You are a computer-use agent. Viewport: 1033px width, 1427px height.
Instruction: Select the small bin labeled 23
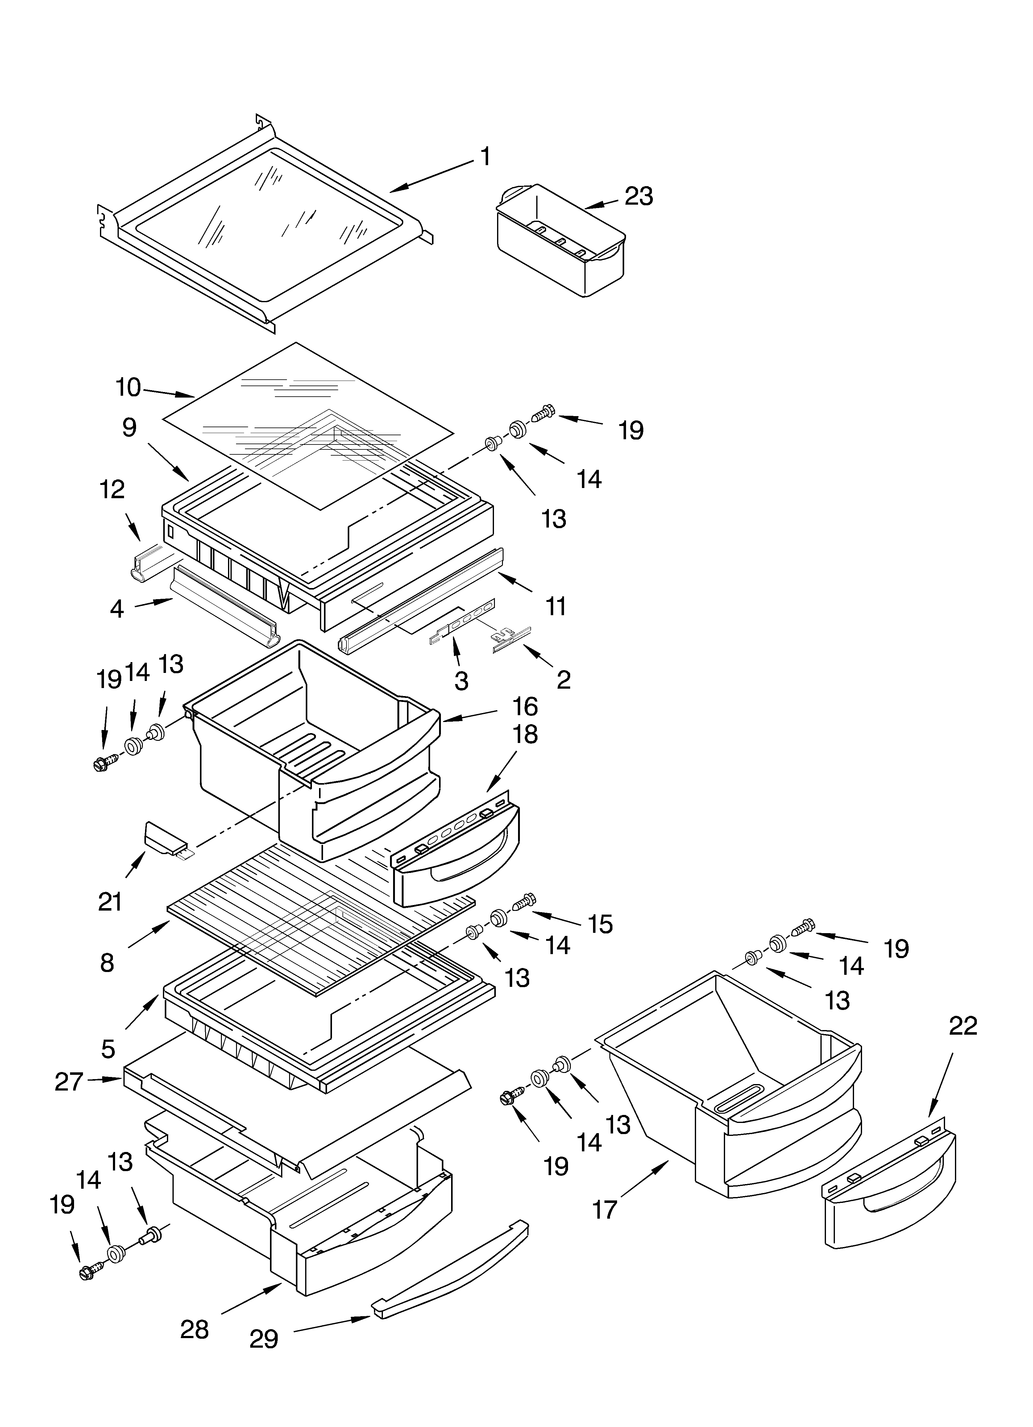560,242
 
